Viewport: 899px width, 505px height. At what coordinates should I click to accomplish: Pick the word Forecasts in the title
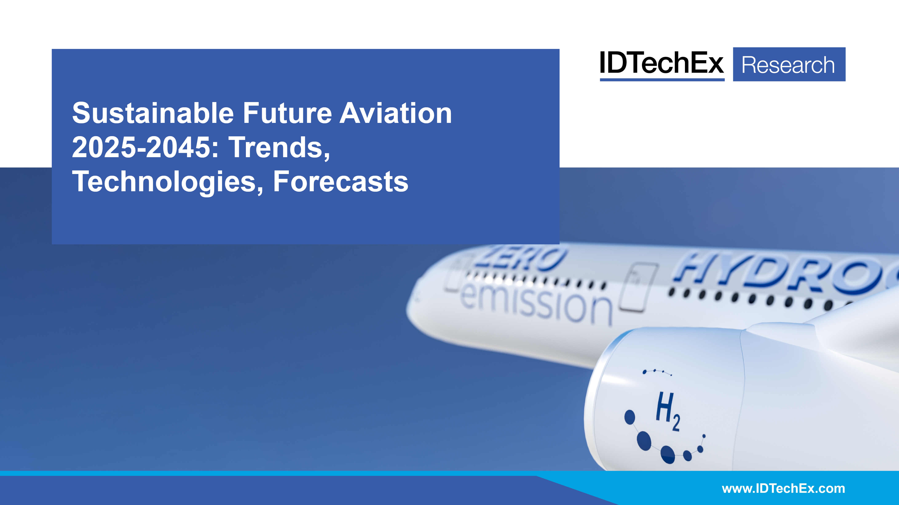coord(340,182)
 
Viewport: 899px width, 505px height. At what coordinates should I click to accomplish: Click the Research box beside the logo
coord(789,64)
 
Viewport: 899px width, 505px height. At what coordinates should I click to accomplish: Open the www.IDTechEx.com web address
coord(783,489)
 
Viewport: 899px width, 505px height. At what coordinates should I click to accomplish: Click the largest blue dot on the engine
coord(644,441)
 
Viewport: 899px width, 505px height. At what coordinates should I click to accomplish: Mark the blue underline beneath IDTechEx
coord(662,80)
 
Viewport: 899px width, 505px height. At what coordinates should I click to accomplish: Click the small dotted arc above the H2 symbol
coord(657,372)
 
